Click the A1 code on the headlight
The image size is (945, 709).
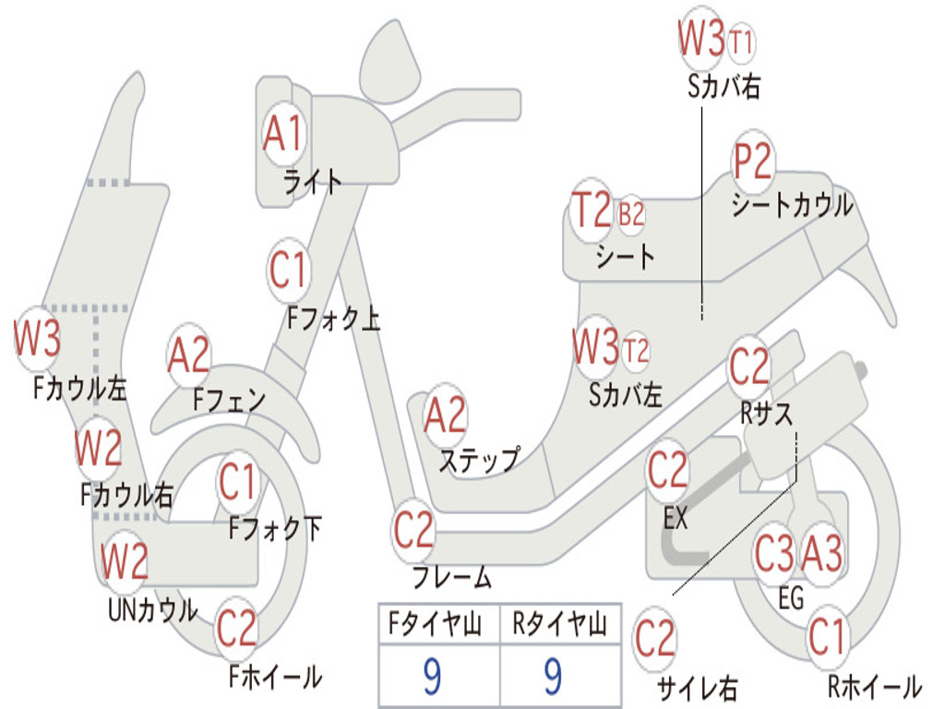click(282, 133)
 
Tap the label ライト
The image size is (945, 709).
click(313, 181)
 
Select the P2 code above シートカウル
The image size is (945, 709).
click(752, 161)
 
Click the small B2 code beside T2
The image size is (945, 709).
click(631, 214)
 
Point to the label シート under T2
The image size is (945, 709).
click(625, 257)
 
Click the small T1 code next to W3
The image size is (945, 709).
click(741, 42)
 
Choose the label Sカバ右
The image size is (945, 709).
click(724, 87)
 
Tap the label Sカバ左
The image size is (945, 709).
click(625, 395)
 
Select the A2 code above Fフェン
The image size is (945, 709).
click(189, 355)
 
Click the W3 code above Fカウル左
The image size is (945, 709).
click(37, 338)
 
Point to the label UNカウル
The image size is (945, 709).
click(153, 609)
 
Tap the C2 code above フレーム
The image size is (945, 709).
click(413, 530)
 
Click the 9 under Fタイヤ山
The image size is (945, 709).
click(432, 676)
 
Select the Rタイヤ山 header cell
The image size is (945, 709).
click(560, 624)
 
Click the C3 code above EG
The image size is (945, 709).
click(775, 553)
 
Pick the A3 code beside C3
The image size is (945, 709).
click(821, 553)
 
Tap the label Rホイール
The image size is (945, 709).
click(875, 686)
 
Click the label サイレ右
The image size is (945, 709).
click(698, 688)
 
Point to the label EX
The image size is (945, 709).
click(675, 517)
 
